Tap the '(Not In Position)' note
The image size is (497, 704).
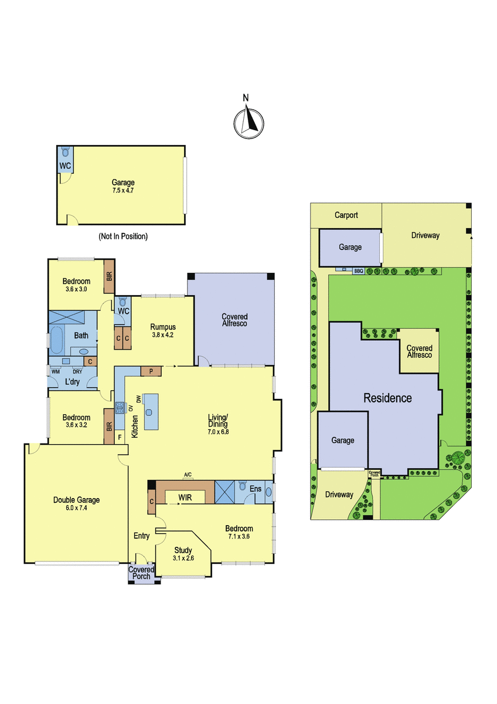coord(123,236)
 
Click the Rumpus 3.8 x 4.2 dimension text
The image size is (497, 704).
coord(162,335)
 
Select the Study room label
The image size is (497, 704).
coord(183,550)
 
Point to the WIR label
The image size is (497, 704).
coord(185,497)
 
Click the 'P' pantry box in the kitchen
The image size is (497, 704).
coord(151,371)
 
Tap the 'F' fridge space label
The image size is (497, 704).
coord(120,437)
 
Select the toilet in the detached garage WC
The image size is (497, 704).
coord(65,153)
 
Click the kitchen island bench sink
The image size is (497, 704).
coord(149,412)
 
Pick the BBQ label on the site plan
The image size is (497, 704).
coord(359,270)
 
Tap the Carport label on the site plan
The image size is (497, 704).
coord(346,215)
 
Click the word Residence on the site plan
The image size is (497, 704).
coord(387,398)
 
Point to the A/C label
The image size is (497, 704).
coord(188,475)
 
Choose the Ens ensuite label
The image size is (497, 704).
coord(256,489)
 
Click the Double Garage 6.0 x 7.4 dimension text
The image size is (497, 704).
coord(76,507)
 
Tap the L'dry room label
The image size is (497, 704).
coord(72,382)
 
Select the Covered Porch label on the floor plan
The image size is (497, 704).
coord(141,573)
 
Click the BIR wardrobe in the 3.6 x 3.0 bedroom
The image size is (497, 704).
coord(109,276)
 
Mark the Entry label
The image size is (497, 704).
coord(142,536)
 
